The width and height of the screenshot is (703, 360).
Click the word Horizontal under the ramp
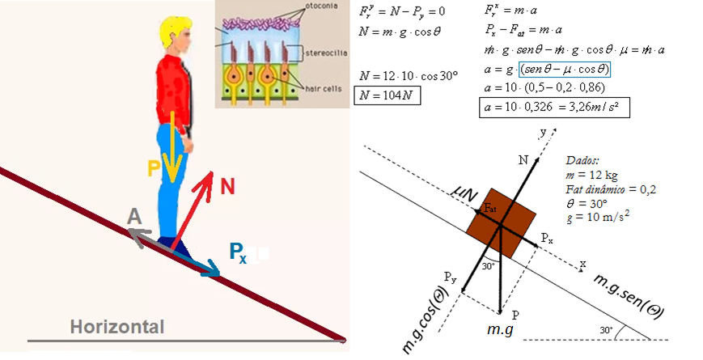coord(116,328)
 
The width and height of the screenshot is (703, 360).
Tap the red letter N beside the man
coord(229,187)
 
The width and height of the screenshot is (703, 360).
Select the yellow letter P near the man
coord(154,168)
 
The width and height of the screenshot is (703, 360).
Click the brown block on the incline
coord(501,217)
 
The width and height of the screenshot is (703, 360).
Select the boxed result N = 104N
coord(387,94)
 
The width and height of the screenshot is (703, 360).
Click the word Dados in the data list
coord(583,161)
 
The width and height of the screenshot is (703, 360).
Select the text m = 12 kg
coord(593,176)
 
